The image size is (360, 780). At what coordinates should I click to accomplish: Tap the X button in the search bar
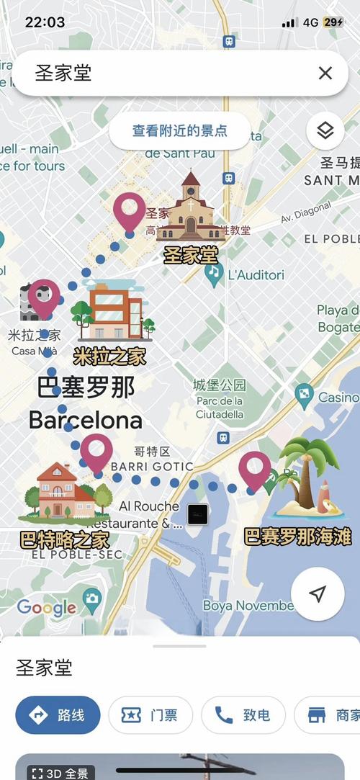[x=325, y=73]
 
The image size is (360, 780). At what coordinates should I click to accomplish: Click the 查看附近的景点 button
[x=180, y=131]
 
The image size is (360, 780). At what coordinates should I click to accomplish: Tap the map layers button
[x=325, y=131]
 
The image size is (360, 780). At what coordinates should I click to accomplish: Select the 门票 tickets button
[x=150, y=715]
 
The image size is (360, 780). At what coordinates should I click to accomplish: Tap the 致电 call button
[x=243, y=715]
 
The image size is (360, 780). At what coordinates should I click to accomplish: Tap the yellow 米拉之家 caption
[x=109, y=356]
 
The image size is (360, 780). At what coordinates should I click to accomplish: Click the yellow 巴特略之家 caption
[x=65, y=539]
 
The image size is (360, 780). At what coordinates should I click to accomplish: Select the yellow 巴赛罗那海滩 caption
[x=297, y=537]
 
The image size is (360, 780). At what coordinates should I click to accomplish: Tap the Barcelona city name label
[x=85, y=420]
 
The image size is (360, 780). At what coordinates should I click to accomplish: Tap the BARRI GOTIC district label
[x=152, y=467]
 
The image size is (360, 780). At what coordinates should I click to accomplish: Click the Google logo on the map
[x=46, y=606]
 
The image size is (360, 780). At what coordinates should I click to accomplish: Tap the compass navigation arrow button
[x=318, y=593]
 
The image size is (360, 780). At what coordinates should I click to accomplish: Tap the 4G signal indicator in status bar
[x=310, y=22]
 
